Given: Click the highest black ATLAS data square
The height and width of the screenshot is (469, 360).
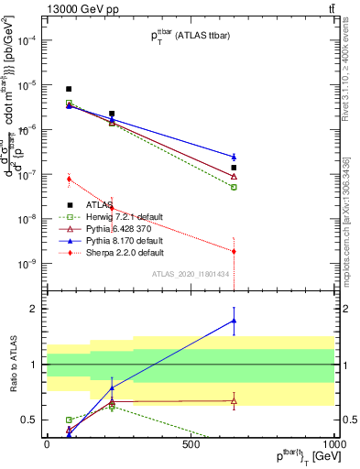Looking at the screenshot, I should pos(69,89).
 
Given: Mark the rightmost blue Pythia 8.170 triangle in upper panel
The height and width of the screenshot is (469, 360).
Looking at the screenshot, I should pos(234,157).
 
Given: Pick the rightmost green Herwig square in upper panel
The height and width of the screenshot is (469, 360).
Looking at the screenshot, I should pos(234,187).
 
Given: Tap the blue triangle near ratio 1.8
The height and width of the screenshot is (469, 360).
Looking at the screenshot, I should pos(234,321).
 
